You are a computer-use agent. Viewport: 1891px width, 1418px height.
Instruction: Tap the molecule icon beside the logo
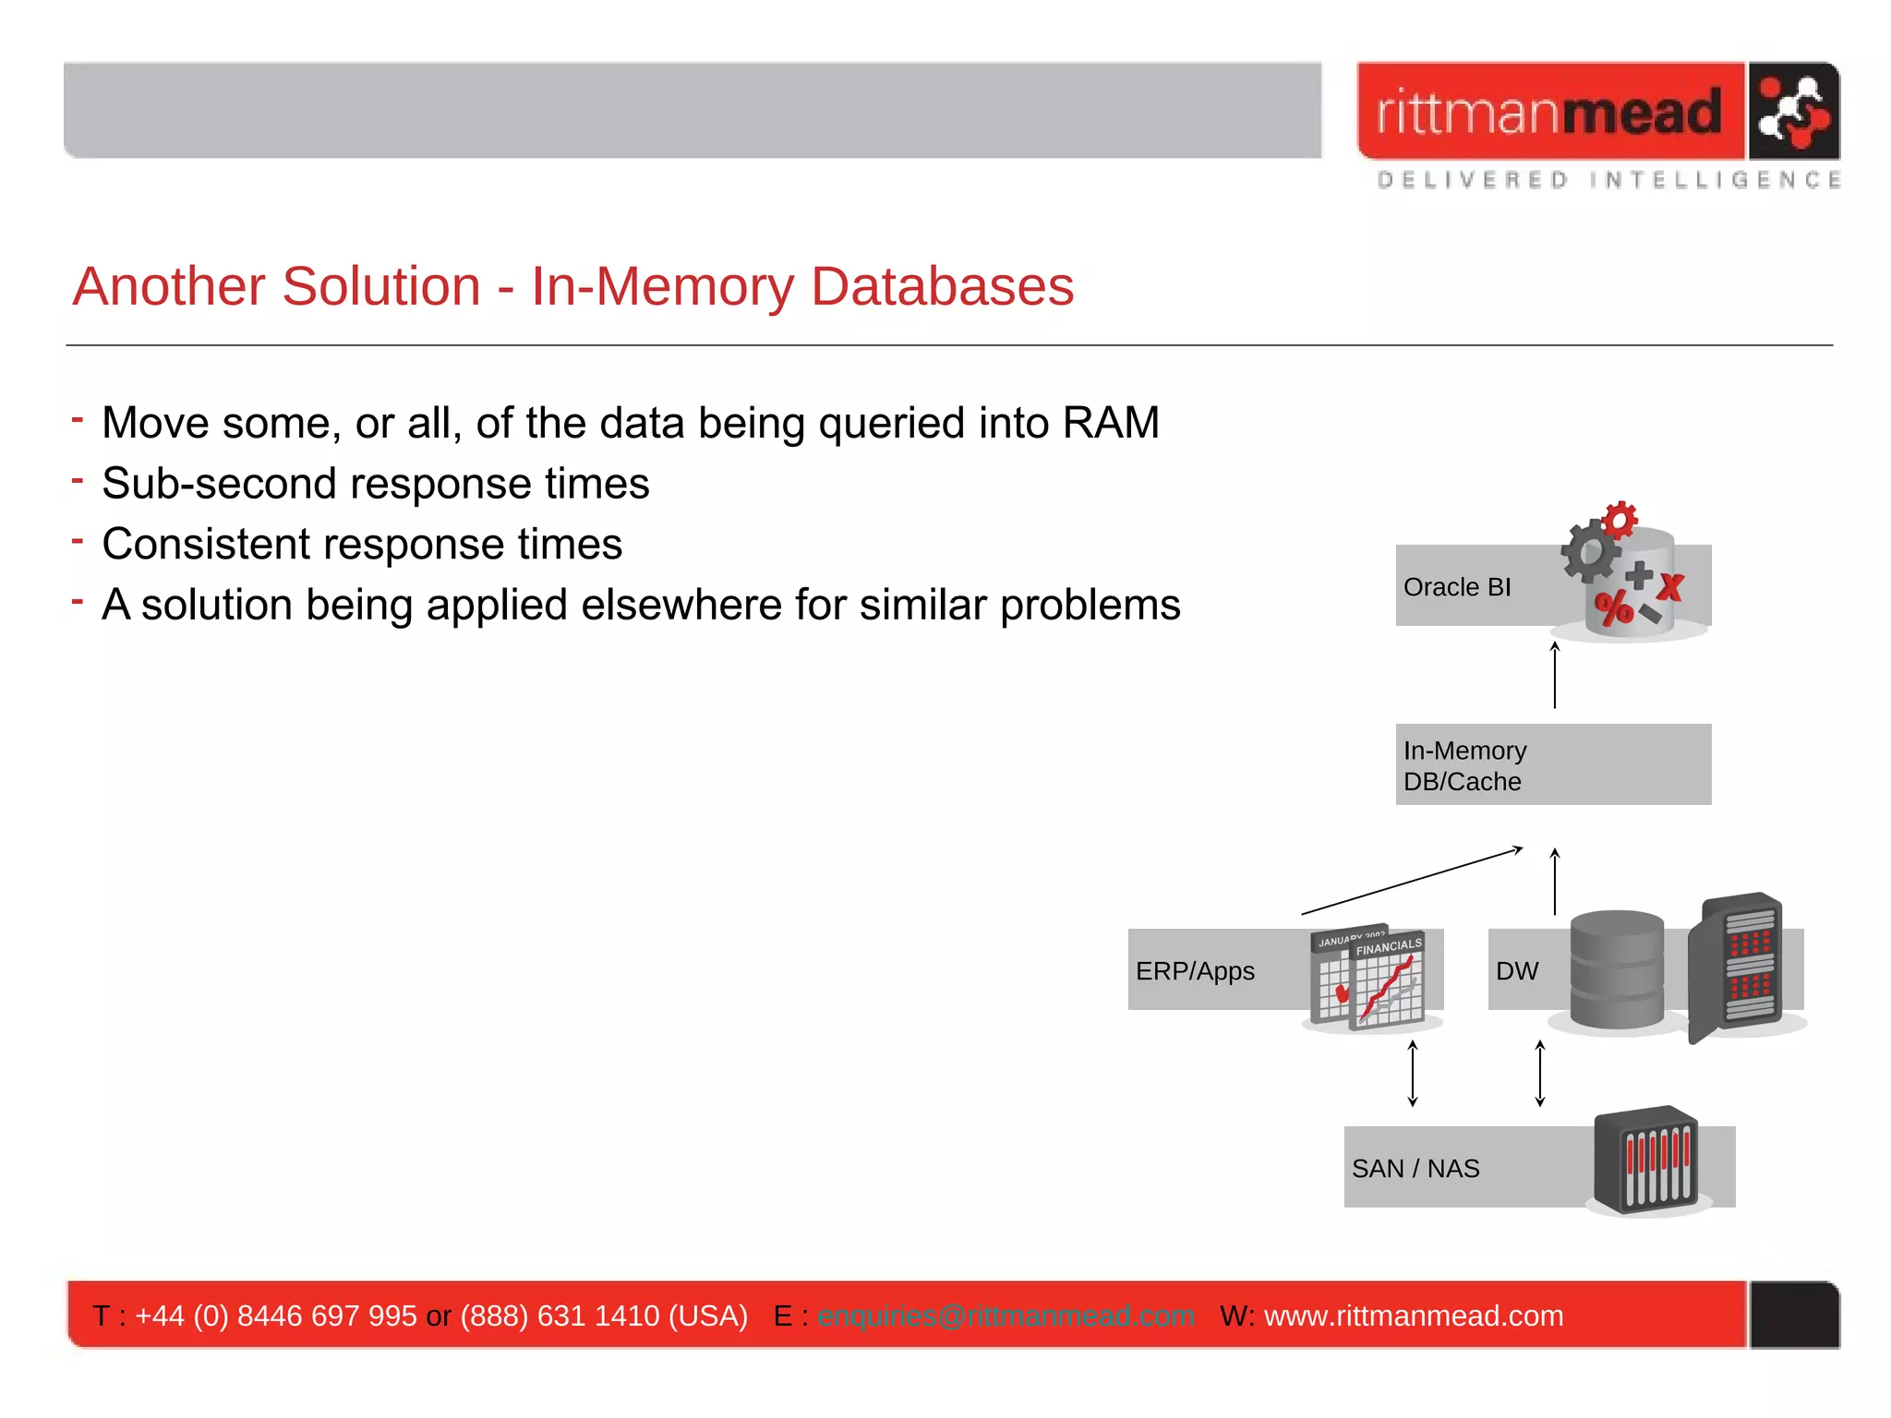coord(1792,112)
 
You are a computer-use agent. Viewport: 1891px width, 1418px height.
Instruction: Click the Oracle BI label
coord(1457,587)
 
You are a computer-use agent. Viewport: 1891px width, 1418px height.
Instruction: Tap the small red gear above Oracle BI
coord(1620,520)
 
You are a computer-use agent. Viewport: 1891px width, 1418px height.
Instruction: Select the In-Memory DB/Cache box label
coord(1464,765)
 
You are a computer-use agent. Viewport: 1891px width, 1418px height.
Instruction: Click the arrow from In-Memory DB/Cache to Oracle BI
coord(1555,675)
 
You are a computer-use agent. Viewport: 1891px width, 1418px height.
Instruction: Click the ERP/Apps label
coord(1195,971)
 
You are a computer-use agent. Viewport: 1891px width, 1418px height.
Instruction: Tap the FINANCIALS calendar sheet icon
coord(1387,980)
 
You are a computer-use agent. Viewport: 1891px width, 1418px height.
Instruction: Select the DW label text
coord(1517,971)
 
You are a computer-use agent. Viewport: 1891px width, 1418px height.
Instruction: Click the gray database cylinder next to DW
coord(1617,969)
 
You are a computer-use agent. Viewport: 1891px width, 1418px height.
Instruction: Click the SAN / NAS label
coord(1415,1169)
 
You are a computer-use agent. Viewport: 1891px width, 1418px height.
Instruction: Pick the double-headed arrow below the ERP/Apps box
coord(1413,1073)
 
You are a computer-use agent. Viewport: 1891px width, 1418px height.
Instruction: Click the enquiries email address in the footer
coord(1006,1316)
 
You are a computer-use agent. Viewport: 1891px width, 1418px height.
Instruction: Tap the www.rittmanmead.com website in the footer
coord(1413,1316)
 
